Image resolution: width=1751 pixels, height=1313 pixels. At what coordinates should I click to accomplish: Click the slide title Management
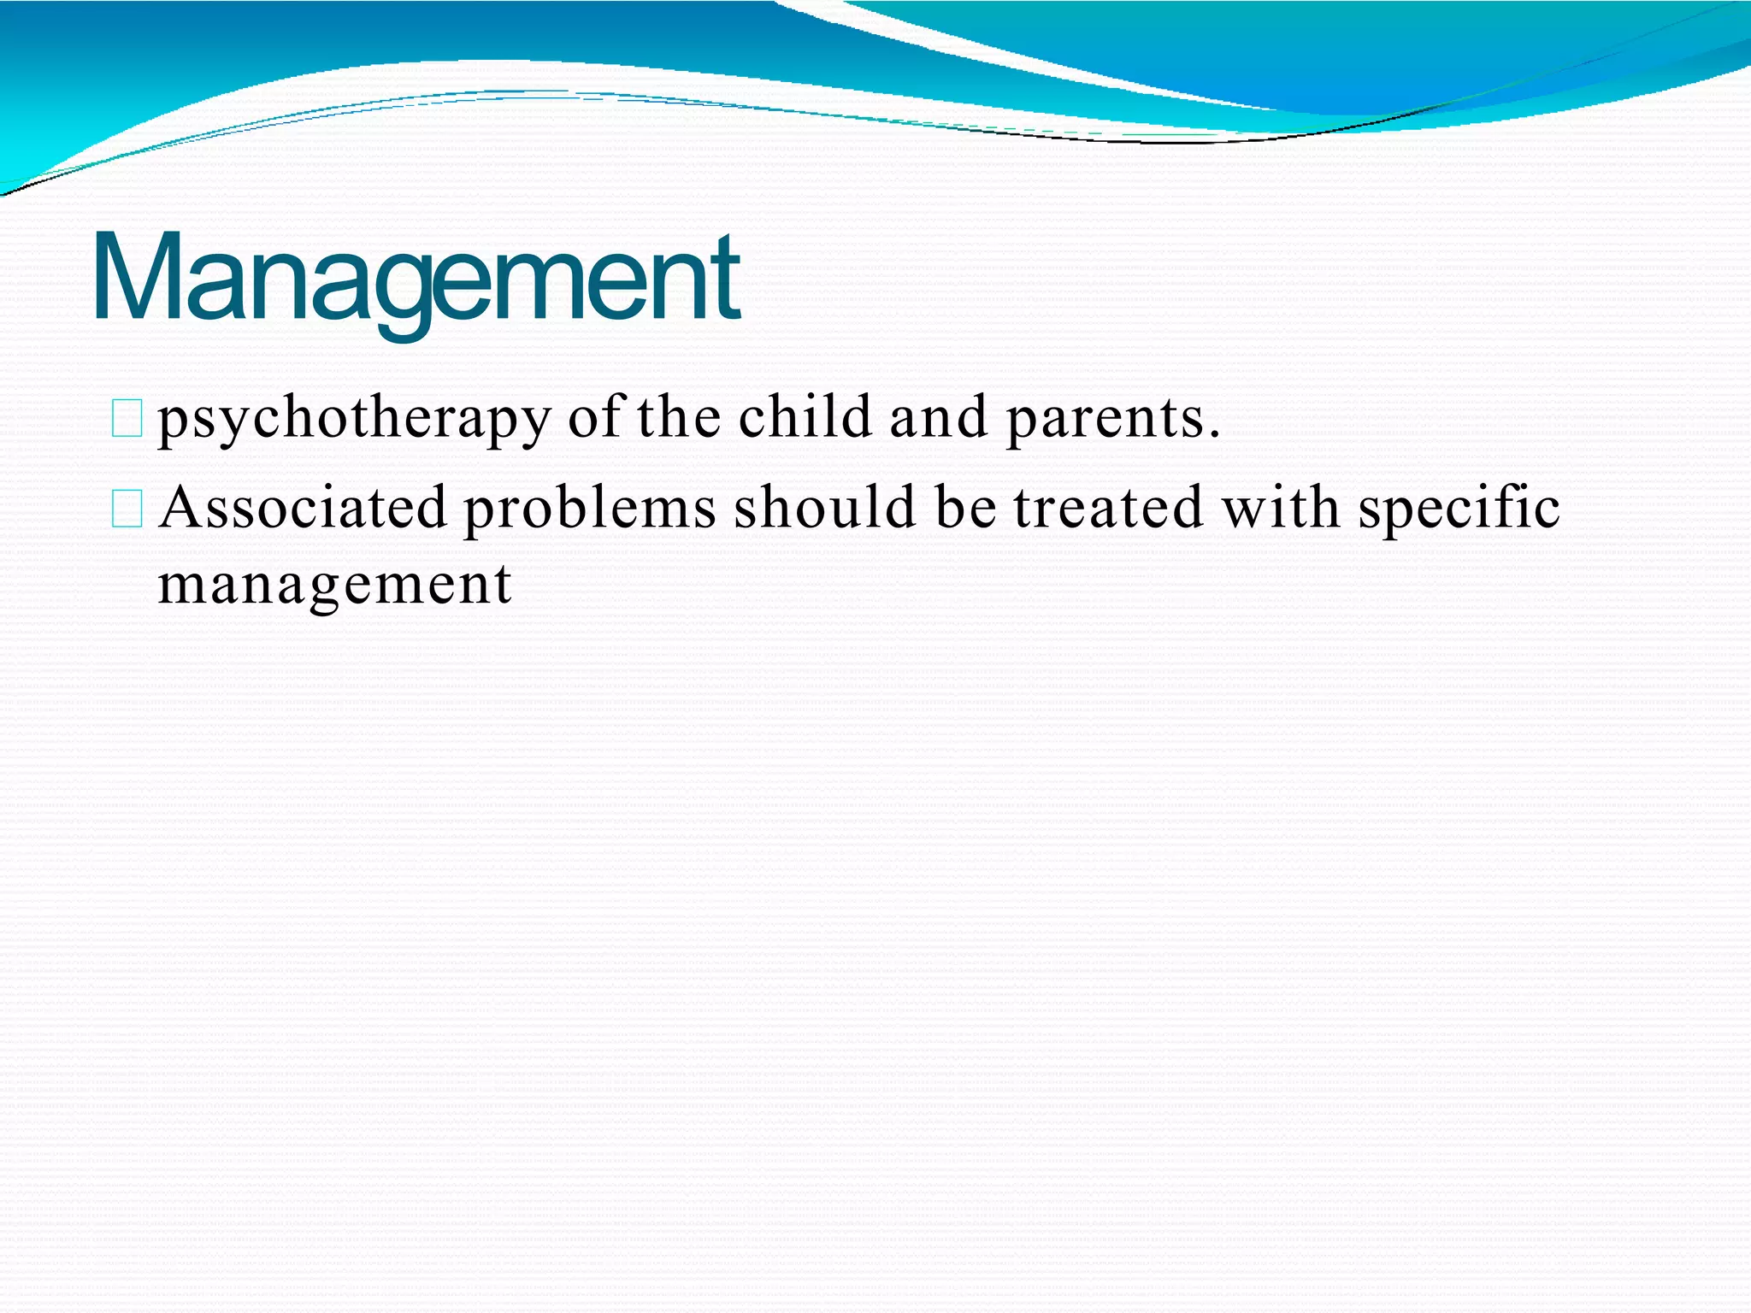(x=416, y=278)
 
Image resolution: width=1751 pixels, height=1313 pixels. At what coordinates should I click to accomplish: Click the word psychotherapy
(x=354, y=419)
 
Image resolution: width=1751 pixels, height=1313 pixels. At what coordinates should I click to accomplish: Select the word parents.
(x=1111, y=419)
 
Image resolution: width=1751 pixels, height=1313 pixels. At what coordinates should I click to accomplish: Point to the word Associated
(x=304, y=508)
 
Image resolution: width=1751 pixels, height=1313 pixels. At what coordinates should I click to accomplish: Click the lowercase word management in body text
(x=334, y=586)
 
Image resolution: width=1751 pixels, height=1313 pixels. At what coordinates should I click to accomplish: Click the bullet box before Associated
(x=127, y=509)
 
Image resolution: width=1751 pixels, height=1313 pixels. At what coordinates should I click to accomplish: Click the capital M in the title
(x=137, y=278)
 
